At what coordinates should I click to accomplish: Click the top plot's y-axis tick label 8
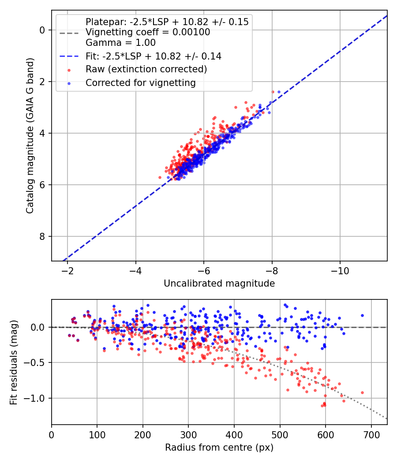42,236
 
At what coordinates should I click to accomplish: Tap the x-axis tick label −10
340,271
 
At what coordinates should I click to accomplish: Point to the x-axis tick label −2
67,271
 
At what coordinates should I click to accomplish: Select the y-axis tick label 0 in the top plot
42,30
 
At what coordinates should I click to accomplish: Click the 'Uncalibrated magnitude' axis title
219,284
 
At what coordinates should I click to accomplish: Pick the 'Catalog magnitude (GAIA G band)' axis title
30,135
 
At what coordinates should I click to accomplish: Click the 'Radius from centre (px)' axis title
219,448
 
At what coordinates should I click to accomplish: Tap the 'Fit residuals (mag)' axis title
14,362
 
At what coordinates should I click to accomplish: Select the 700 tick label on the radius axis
371,435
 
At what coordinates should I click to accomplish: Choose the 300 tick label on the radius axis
188,435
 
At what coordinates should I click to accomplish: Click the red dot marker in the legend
69,70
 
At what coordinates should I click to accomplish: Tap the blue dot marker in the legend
69,84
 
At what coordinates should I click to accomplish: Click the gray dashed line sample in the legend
69,33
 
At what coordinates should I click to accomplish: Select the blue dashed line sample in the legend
69,56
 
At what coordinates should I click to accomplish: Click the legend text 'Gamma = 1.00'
120,43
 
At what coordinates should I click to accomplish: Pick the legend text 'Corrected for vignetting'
141,83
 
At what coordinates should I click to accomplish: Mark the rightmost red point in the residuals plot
363,393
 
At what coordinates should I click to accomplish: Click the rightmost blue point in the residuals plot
363,316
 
